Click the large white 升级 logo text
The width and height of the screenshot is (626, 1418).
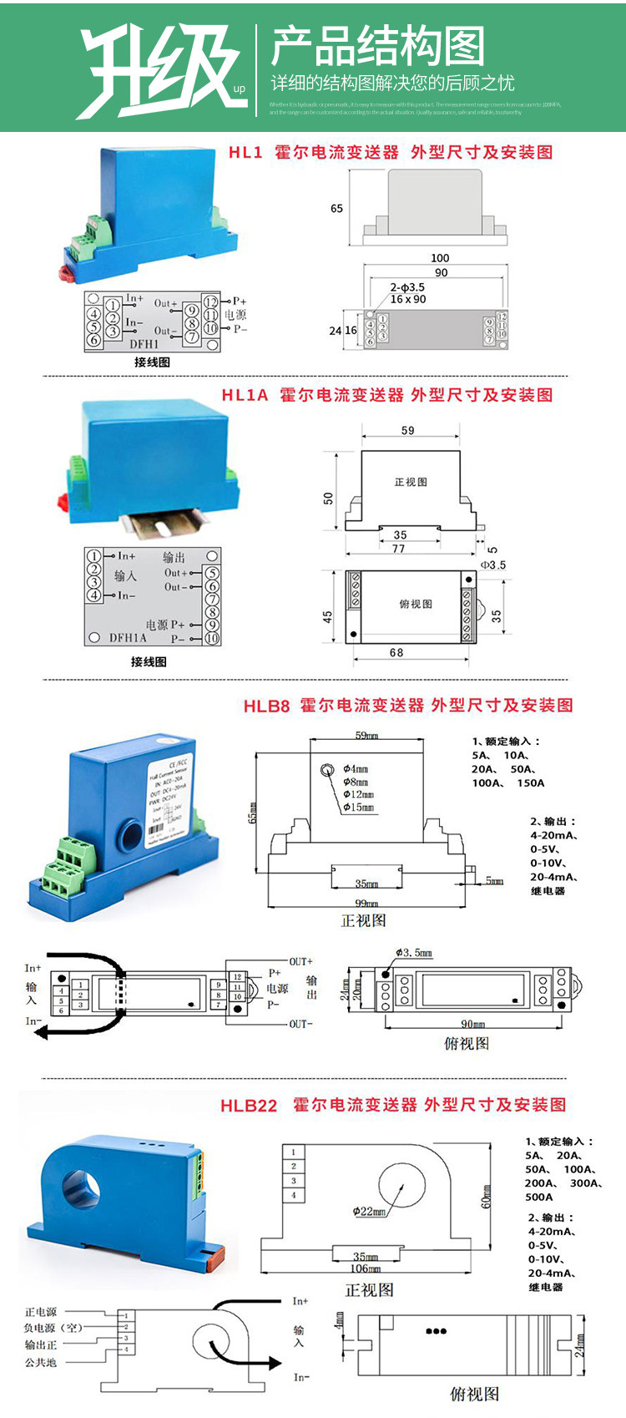coord(159,68)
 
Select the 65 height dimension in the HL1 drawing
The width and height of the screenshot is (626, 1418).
coord(336,209)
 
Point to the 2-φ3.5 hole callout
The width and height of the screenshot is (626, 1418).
coord(407,287)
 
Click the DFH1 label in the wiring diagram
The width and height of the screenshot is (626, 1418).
coord(144,344)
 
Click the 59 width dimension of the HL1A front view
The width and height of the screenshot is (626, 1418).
coord(407,431)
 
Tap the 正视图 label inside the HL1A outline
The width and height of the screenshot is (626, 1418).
coord(411,482)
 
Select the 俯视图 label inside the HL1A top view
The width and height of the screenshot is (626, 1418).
coord(415,604)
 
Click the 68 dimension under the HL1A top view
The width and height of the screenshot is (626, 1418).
coord(396,653)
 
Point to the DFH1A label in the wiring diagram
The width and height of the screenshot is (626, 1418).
coord(128,637)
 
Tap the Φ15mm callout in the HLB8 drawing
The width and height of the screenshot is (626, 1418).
coord(359,808)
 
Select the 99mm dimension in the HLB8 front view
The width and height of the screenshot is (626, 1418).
coord(366,904)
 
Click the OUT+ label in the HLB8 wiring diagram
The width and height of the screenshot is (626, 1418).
coord(300,962)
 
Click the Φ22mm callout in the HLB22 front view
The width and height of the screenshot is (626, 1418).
coord(369,1212)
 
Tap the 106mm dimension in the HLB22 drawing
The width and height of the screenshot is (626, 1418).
coord(365,1269)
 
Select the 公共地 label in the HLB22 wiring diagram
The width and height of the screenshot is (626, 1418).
coord(40,1363)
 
